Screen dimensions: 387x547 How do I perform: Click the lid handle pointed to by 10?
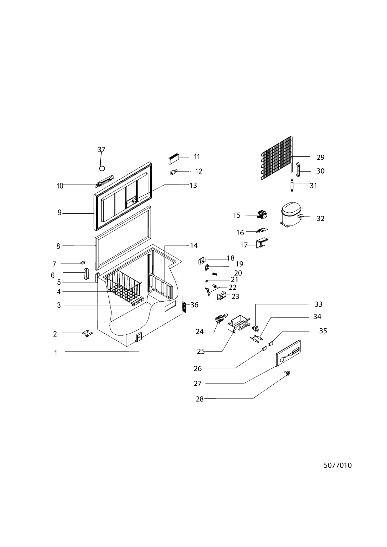105,181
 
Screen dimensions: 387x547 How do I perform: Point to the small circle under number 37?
102,168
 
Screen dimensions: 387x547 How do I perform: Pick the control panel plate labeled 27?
288,353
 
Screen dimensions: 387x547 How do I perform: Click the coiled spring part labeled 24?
219,319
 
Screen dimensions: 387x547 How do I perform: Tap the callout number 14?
194,245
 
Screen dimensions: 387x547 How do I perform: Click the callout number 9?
59,213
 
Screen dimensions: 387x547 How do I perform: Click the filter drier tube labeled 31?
292,185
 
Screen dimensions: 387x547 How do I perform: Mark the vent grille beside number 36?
184,307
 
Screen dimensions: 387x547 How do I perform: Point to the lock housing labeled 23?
221,296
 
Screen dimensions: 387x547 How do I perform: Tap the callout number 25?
201,352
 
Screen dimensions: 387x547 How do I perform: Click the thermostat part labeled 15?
262,215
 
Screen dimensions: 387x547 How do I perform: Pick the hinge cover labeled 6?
86,273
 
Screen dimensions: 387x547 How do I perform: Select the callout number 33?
319,304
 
